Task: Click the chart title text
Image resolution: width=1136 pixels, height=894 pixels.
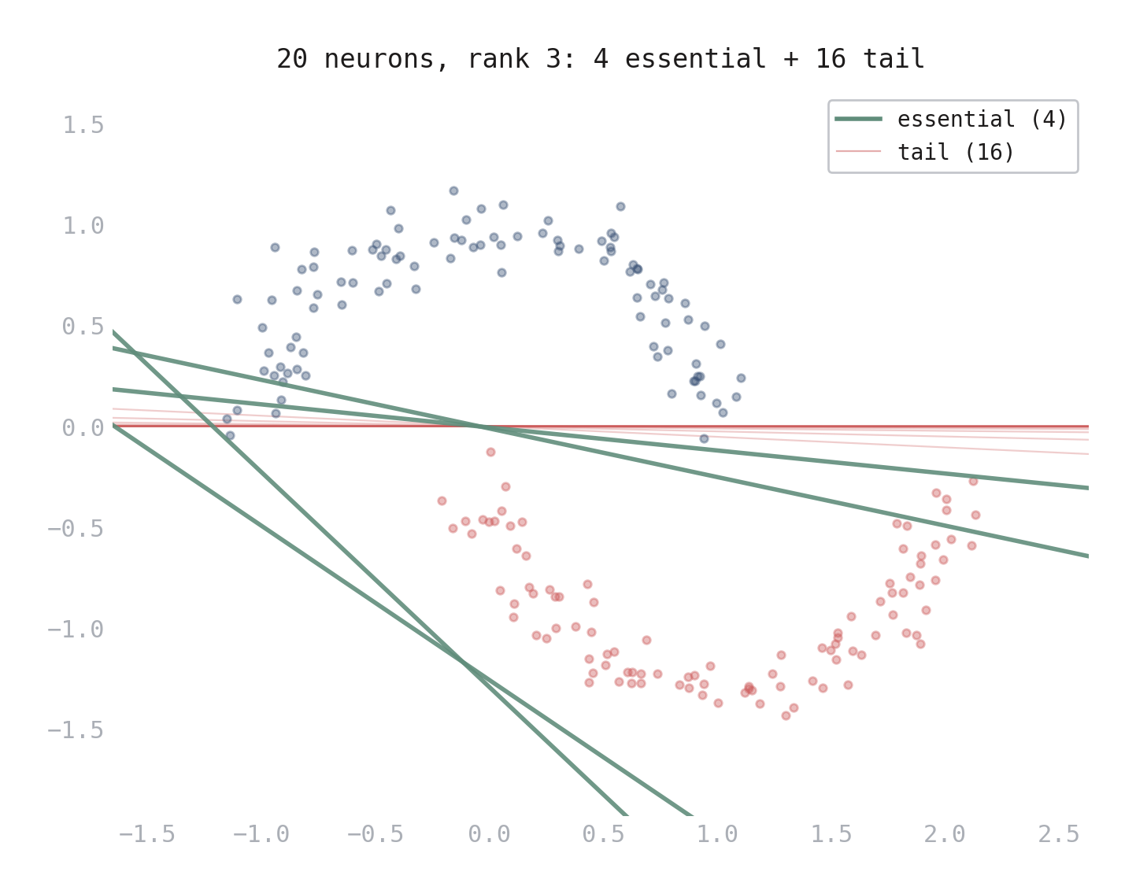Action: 600,59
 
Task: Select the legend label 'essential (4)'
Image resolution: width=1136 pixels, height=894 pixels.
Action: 982,120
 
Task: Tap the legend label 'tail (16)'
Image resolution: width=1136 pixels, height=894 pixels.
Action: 956,153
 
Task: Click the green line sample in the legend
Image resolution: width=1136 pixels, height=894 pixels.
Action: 859,119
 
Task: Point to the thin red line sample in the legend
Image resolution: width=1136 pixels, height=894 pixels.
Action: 859,151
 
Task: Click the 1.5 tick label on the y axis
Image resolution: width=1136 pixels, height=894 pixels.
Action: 83,125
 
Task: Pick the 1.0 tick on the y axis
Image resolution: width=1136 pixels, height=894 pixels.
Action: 83,226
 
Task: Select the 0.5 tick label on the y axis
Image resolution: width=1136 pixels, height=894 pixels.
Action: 83,327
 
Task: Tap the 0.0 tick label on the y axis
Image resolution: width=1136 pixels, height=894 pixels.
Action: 83,428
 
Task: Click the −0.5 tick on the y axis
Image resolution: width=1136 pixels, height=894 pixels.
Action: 76,529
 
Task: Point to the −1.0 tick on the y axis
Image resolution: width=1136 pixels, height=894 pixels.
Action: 76,630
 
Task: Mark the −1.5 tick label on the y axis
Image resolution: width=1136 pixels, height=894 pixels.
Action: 76,730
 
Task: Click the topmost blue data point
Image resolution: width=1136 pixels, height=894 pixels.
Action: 453,190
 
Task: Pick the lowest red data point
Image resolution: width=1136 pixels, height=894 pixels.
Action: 786,715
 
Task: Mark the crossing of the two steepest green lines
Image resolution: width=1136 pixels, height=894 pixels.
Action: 464,663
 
